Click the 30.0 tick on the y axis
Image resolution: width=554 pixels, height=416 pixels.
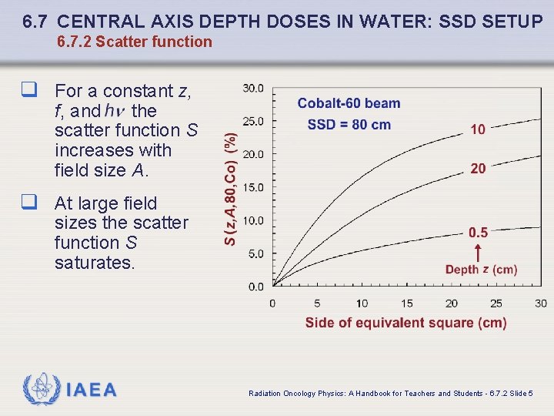point(253,88)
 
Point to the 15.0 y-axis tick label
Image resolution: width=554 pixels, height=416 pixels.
point(253,187)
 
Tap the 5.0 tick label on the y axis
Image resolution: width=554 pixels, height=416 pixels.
point(256,253)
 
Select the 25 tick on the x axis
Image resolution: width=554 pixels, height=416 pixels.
point(496,304)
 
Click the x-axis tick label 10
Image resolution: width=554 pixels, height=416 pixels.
point(362,304)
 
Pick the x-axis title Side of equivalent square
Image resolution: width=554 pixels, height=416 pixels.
point(405,323)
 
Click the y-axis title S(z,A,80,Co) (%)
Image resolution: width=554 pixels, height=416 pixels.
point(230,188)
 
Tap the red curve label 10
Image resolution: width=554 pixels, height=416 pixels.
point(478,129)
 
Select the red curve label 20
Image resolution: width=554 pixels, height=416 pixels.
point(478,169)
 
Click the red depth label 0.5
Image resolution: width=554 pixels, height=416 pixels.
point(478,233)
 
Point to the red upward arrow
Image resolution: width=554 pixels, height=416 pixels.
point(478,252)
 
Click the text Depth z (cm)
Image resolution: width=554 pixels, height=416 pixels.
point(481,270)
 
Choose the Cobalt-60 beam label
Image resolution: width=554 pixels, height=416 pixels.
point(349,104)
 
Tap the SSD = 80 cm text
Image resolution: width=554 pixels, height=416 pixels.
point(349,125)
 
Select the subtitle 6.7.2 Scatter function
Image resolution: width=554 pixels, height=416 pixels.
point(135,42)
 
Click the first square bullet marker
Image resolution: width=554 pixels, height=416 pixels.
point(30,92)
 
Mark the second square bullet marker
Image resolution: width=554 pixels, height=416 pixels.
point(30,203)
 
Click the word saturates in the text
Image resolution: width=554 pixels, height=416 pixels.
point(95,263)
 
